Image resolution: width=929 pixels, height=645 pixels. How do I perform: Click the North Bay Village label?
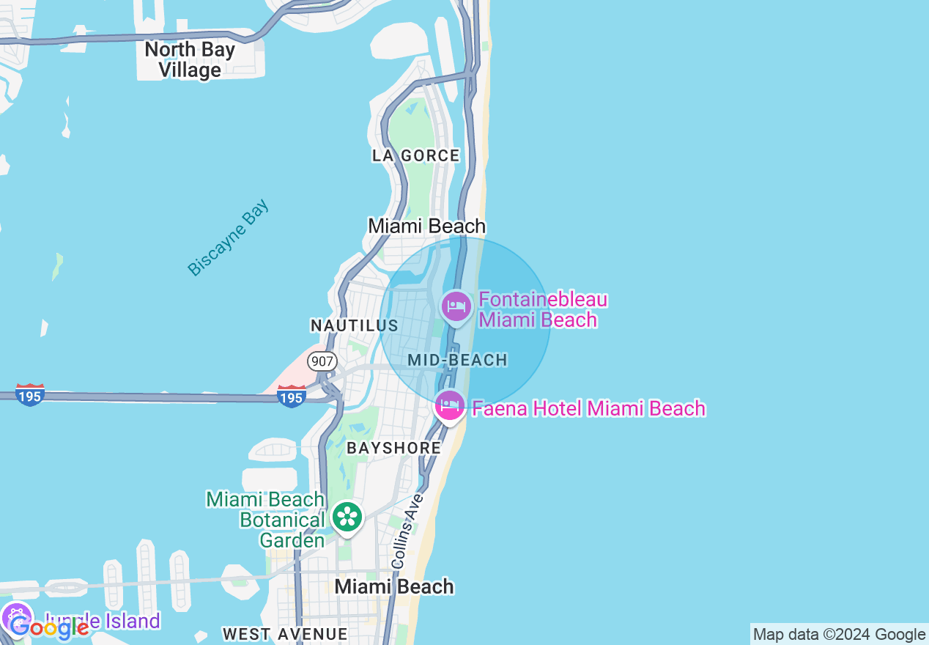coord(190,60)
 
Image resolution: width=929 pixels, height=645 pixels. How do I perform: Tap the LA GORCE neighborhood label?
coord(416,155)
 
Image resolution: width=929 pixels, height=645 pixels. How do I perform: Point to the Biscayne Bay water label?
coord(229,237)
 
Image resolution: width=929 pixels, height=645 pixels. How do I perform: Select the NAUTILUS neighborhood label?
coord(355,325)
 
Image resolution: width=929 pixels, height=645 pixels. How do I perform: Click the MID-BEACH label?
coord(458,360)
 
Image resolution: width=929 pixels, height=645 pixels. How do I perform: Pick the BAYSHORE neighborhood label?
coord(394,448)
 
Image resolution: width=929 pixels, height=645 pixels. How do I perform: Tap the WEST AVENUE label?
coord(285,634)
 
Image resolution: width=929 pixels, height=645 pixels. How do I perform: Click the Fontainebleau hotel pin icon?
coord(456,306)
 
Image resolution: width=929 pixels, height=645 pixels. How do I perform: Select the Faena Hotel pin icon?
coord(449,405)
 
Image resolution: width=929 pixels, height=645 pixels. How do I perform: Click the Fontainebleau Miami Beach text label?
coord(543,310)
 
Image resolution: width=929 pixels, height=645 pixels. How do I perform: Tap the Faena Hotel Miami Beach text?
coord(588,408)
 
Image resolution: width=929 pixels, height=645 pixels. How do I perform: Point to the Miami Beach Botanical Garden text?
coord(266,520)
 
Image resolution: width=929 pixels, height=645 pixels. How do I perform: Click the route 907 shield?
coord(322,361)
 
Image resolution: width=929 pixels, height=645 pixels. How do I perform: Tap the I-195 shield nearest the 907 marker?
coord(291,397)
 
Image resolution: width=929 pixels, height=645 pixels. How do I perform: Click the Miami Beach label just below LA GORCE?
coord(426,226)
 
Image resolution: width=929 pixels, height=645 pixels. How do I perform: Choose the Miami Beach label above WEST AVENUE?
coord(394,586)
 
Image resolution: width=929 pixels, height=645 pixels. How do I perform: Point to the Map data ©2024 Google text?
coord(839,635)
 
